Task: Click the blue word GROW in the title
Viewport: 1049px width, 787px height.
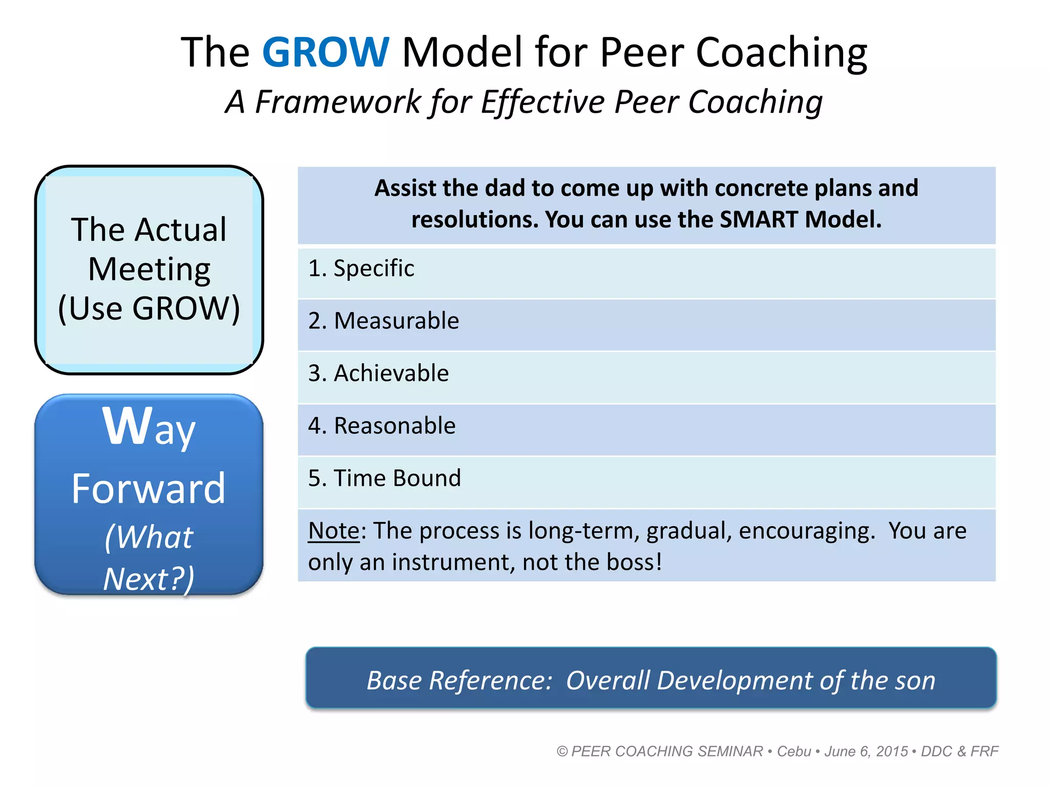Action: [x=326, y=52]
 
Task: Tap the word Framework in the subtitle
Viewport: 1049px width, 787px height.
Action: [x=338, y=101]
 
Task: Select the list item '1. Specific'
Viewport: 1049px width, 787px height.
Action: [x=361, y=268]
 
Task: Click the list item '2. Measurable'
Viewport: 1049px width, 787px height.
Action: [x=384, y=321]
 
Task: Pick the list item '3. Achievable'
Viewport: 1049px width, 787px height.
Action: [x=379, y=373]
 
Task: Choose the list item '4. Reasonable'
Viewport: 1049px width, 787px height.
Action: [x=382, y=426]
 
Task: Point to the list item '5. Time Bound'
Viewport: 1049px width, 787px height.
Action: [x=385, y=478]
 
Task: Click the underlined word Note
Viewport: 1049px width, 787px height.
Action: [x=334, y=531]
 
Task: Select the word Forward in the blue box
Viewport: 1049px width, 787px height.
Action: [x=149, y=489]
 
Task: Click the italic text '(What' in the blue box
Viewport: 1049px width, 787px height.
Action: [x=149, y=537]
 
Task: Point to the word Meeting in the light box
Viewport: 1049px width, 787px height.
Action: [x=149, y=269]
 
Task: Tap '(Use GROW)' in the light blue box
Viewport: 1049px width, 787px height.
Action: [x=149, y=308]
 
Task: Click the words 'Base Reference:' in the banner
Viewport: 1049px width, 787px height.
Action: [x=459, y=680]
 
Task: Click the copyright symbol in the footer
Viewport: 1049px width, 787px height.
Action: [x=562, y=751]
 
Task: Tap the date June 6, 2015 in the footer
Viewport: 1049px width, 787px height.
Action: [x=866, y=751]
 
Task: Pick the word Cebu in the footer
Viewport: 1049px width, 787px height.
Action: [x=794, y=751]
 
